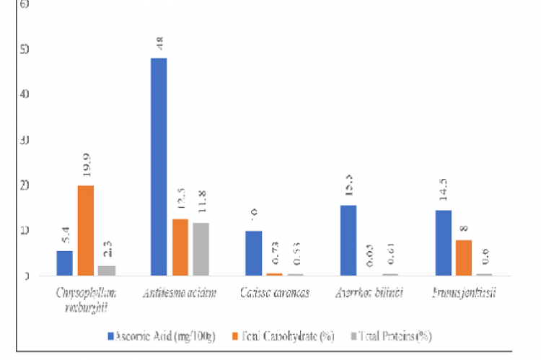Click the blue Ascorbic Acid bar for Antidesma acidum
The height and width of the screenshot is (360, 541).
[159, 167]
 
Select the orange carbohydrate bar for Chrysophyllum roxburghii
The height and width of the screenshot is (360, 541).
[85, 230]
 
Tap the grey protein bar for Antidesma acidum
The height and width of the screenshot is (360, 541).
[200, 249]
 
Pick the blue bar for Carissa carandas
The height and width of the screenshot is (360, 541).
[253, 253]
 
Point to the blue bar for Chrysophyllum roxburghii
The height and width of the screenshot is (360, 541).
[64, 263]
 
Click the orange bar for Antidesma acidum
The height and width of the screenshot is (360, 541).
[180, 247]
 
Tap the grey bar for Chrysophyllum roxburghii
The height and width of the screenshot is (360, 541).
[107, 271]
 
